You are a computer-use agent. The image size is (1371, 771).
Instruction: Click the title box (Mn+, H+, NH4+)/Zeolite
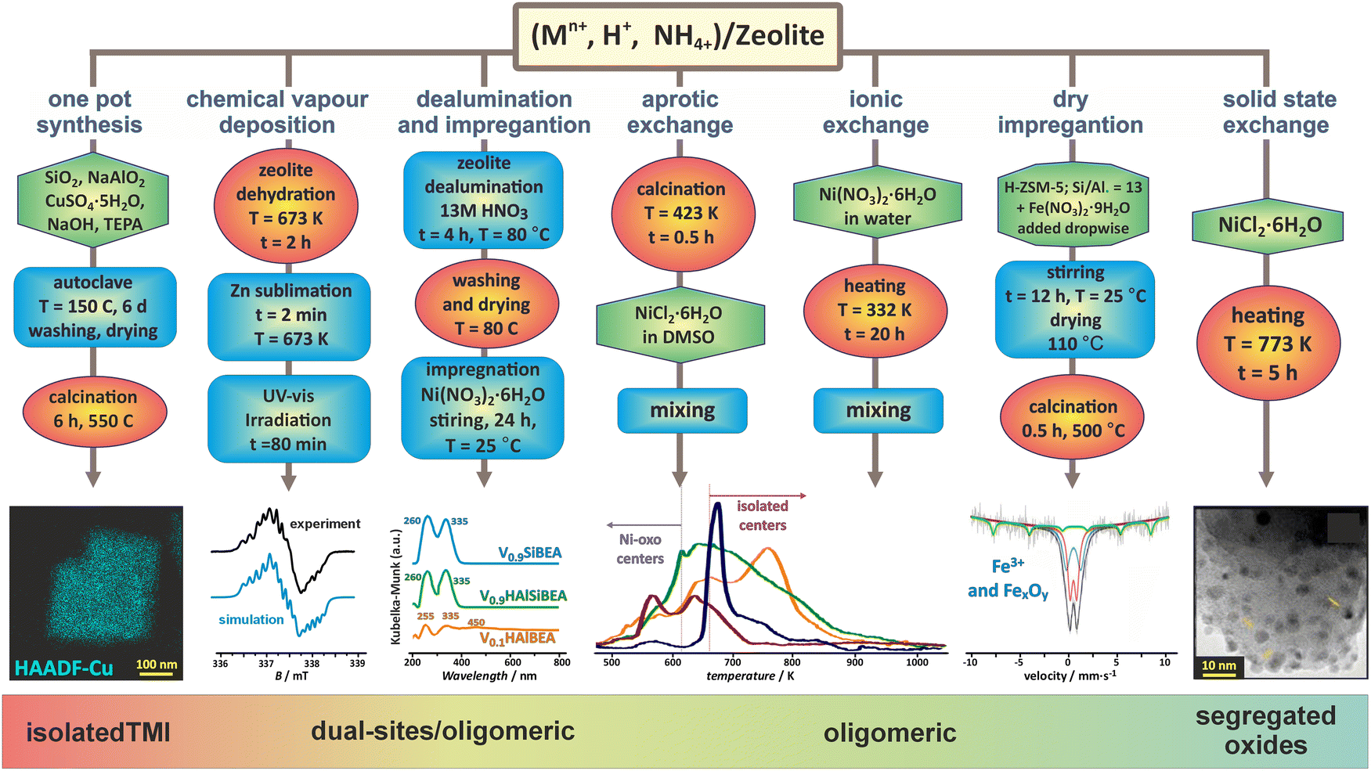677,36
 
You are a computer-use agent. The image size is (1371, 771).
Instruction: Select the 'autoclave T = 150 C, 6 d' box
94,307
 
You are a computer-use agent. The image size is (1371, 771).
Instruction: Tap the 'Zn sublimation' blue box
290,315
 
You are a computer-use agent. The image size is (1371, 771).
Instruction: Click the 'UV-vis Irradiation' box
288,420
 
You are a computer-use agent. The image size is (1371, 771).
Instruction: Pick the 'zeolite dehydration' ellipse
286,206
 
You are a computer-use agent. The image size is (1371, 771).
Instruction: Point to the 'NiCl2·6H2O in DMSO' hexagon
679,325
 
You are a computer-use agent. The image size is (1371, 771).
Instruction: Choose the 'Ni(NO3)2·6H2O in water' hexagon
877,206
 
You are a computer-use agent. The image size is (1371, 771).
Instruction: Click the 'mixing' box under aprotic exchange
682,411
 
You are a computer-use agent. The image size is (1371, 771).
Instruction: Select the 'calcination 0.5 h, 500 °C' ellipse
1073,419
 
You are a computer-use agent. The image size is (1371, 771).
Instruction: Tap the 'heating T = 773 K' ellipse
1268,344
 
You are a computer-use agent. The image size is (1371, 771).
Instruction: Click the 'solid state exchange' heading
1279,112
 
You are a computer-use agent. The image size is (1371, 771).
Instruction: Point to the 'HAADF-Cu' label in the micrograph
64,668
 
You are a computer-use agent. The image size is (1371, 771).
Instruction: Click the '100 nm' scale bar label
157,665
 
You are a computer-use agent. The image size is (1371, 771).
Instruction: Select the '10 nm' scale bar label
1219,666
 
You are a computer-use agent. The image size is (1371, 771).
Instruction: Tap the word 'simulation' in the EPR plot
251,619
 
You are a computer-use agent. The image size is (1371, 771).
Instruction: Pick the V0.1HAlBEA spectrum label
518,639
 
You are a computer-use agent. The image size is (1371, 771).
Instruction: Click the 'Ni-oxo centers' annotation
640,549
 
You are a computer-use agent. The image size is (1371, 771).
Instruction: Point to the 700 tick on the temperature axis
732,662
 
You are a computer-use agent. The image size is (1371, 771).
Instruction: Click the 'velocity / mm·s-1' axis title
1070,675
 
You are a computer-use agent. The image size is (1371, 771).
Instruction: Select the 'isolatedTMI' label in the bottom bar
98,733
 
